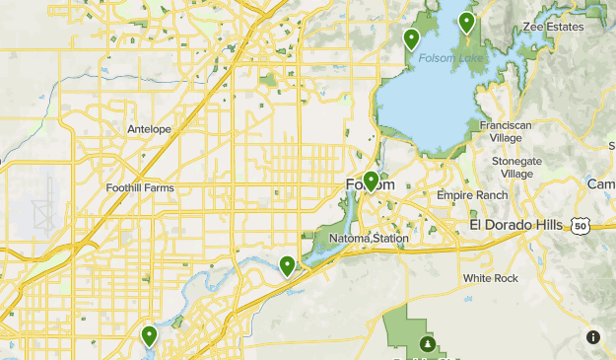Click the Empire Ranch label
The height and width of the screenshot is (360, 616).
(x=472, y=195)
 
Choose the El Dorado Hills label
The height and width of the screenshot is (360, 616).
(x=515, y=226)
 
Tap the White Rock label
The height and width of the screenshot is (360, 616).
(x=491, y=279)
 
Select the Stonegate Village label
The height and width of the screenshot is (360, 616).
(x=517, y=167)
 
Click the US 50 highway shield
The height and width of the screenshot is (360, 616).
(x=581, y=227)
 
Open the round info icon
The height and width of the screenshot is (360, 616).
(x=592, y=337)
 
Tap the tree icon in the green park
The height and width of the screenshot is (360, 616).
(x=428, y=344)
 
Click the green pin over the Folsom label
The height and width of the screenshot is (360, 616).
(x=371, y=180)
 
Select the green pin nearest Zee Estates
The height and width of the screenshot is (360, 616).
(x=466, y=22)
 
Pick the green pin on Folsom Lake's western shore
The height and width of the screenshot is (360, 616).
(x=411, y=38)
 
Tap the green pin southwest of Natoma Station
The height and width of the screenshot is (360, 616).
(x=287, y=264)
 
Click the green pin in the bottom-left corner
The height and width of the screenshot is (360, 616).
(x=149, y=335)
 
